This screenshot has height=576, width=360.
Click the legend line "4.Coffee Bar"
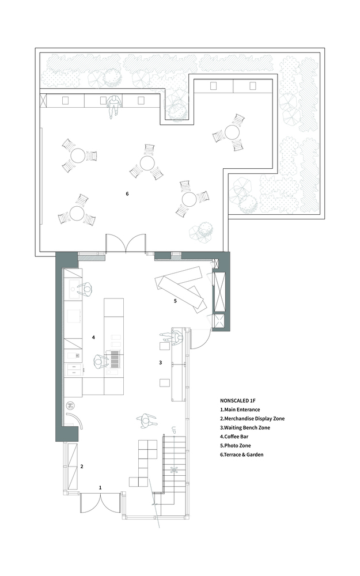(x=234, y=437)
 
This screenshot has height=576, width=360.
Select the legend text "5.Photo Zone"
(x=236, y=446)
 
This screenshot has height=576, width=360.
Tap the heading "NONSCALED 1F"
(x=235, y=400)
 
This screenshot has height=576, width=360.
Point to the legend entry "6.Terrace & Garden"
(x=242, y=454)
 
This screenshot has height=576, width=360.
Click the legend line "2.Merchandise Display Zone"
(x=252, y=418)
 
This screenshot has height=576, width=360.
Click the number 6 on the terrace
(x=127, y=194)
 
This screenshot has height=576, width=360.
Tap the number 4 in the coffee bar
(x=94, y=336)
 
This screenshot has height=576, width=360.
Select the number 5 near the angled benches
(x=175, y=301)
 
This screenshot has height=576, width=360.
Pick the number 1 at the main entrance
(x=100, y=487)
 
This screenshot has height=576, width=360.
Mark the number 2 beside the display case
(x=82, y=467)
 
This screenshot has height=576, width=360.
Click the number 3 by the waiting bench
(x=161, y=362)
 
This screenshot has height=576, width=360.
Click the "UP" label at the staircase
(x=174, y=429)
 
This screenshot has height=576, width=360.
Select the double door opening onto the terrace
(x=126, y=243)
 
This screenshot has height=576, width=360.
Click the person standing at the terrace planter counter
(x=114, y=105)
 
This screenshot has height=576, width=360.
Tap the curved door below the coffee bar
(x=75, y=420)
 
